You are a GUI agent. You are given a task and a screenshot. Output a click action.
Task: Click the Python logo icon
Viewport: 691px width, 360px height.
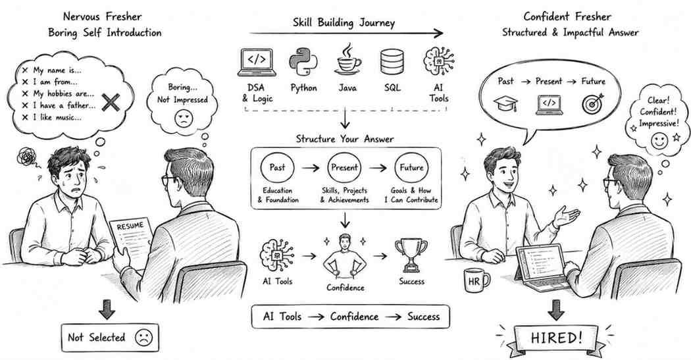pyautogui.click(x=303, y=62)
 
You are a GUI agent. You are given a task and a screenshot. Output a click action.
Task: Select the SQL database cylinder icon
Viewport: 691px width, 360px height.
pyautogui.click(x=392, y=62)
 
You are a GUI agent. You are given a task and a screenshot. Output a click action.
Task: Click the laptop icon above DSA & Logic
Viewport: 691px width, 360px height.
pyautogui.click(x=257, y=62)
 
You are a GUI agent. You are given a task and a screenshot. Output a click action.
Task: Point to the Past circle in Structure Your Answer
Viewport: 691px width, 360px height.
pyautogui.click(x=277, y=167)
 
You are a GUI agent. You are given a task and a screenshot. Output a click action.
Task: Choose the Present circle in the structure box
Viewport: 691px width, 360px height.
pyautogui.click(x=344, y=167)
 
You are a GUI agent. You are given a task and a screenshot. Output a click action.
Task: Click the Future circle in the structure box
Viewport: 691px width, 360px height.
pyautogui.click(x=411, y=167)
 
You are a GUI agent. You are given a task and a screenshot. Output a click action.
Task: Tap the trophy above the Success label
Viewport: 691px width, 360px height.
pyautogui.click(x=411, y=255)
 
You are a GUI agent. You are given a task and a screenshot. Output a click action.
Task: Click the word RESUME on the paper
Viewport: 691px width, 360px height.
pyautogui.click(x=130, y=226)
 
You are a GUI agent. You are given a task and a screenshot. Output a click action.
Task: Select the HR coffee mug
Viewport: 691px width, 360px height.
pyautogui.click(x=476, y=280)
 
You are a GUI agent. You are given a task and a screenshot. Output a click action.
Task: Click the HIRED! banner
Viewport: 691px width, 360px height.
pyautogui.click(x=555, y=338)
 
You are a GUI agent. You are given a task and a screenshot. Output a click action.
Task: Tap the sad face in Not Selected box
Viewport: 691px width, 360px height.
pyautogui.click(x=143, y=338)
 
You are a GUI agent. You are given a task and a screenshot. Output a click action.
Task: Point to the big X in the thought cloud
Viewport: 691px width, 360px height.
pyautogui.click(x=111, y=102)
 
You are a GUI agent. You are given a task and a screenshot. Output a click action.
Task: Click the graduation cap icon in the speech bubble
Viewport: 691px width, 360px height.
pyautogui.click(x=505, y=105)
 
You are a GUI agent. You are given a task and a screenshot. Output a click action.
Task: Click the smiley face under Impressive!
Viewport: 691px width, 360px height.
pyautogui.click(x=659, y=141)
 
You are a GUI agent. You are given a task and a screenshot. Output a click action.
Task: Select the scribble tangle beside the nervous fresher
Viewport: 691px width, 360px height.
pyautogui.click(x=27, y=157)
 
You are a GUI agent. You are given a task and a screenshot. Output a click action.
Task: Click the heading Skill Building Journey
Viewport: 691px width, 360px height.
pyautogui.click(x=344, y=22)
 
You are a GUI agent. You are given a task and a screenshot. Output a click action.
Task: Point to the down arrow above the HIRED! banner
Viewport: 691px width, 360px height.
pyautogui.click(x=555, y=310)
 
